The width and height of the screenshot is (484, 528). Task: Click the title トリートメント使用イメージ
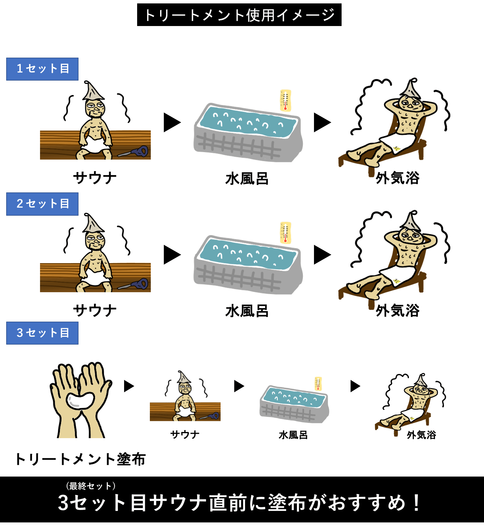coord(239,15)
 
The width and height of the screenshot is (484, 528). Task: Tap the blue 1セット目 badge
coord(42,69)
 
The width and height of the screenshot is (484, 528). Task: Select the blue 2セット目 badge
coord(42,204)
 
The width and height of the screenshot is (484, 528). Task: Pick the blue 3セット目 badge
coord(42,333)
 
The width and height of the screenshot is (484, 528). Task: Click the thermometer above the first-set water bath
coord(285,100)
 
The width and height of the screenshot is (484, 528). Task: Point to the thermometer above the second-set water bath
coord(285,233)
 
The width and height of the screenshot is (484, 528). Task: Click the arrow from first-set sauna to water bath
coord(172,122)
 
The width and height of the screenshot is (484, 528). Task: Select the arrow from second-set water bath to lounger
coord(322,255)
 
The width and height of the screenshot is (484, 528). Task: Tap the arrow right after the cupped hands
coord(129,386)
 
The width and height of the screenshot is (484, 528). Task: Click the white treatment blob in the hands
coord(80,401)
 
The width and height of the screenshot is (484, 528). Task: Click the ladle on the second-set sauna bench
coord(133,284)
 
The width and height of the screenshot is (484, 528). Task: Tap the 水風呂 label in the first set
coord(247,179)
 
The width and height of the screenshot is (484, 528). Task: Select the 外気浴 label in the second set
coord(397,310)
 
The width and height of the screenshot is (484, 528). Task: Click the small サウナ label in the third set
coord(185,434)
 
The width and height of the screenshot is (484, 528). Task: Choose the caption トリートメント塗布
coord(80,459)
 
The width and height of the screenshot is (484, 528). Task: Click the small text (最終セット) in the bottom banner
coord(91,486)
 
